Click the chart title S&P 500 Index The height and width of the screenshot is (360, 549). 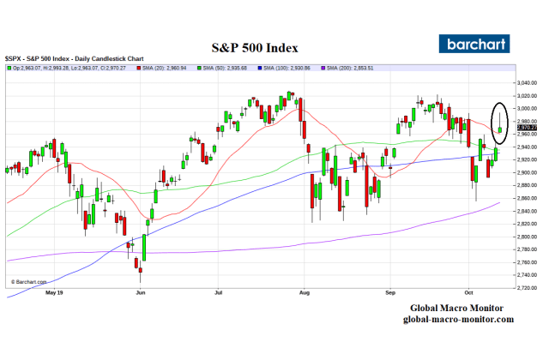pyautogui.click(x=255, y=48)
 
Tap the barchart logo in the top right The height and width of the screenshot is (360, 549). pyautogui.click(x=474, y=44)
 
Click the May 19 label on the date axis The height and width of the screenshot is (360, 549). pyautogui.click(x=55, y=292)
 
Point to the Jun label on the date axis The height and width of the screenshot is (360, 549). pyautogui.click(x=141, y=292)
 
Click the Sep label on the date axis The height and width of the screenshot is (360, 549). pyautogui.click(x=390, y=292)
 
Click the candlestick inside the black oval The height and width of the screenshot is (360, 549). pyautogui.click(x=500, y=127)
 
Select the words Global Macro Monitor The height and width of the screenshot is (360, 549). pyautogui.click(x=455, y=309)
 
